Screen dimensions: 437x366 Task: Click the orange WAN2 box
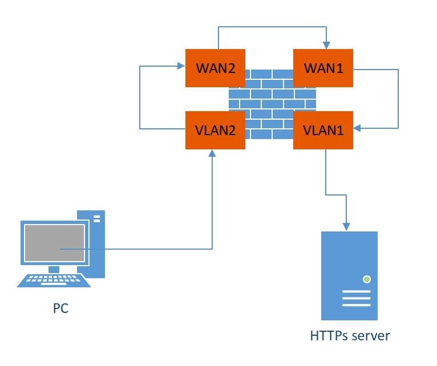click(215, 68)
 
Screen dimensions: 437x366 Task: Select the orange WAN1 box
click(323, 68)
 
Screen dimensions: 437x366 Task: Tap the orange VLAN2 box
click(215, 130)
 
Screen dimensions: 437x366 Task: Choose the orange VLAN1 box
click(323, 130)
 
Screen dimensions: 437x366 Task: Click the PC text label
click(60, 308)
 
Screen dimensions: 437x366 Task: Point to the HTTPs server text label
click(350, 336)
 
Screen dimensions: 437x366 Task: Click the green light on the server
click(367, 279)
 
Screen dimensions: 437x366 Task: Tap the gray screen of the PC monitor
click(54, 243)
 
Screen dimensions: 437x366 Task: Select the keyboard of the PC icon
click(54, 280)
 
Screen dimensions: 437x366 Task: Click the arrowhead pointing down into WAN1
click(326, 45)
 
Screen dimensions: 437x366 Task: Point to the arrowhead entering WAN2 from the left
click(181, 66)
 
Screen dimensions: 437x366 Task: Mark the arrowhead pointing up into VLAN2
click(212, 153)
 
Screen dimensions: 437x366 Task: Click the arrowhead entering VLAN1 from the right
click(357, 128)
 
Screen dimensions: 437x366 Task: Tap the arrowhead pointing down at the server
click(346, 227)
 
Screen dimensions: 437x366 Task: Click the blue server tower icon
click(349, 276)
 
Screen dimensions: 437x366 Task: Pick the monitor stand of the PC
click(54, 269)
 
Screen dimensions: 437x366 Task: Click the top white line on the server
click(356, 292)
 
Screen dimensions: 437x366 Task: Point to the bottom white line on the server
click(356, 305)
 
